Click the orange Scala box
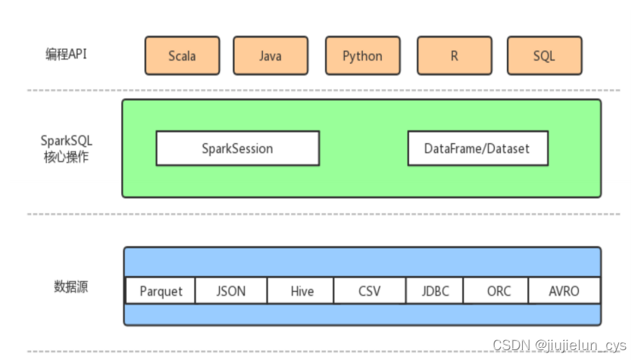click(183, 55)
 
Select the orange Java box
click(271, 55)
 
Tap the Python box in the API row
click(362, 55)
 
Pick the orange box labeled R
click(455, 55)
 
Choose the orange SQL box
click(544, 55)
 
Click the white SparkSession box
click(238, 149)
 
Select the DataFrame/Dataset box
click(478, 149)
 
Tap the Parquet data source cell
click(161, 291)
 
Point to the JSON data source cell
click(231, 291)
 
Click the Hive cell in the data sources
click(301, 291)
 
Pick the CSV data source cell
click(370, 291)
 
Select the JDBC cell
click(435, 291)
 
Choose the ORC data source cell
click(496, 291)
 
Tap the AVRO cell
click(565, 291)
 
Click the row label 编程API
click(66, 54)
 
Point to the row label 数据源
click(70, 286)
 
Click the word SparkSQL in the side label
click(67, 141)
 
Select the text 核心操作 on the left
click(66, 157)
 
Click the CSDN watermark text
click(559, 346)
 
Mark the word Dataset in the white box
click(508, 149)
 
